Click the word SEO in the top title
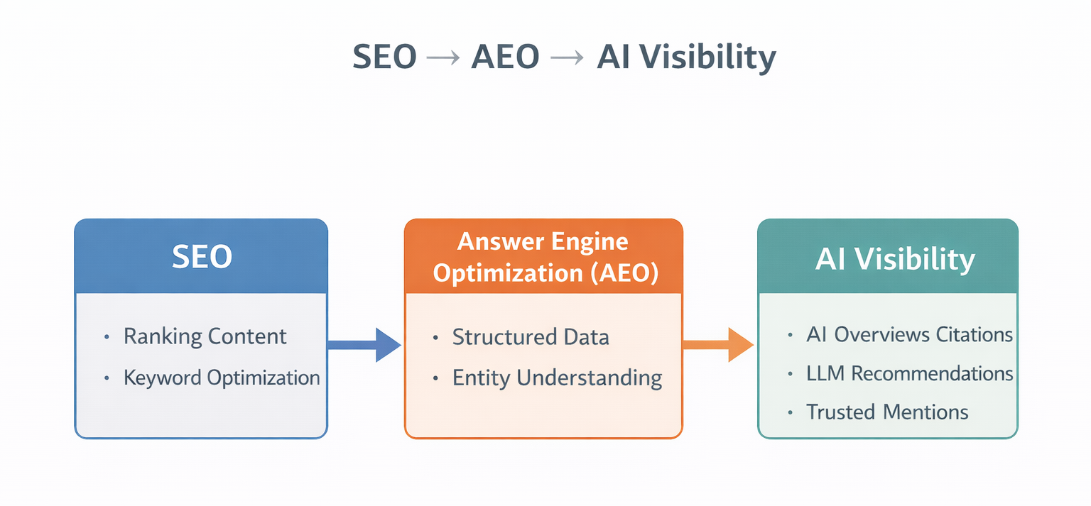[384, 57]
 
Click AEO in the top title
[505, 57]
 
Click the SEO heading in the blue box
[202, 257]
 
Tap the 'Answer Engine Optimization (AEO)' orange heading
[543, 258]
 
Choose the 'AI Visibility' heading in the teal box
[894, 260]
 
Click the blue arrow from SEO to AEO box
[364, 345]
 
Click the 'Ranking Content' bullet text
[205, 336]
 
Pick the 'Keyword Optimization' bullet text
[222, 378]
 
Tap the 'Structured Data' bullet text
[531, 337]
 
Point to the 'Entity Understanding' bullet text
[557, 378]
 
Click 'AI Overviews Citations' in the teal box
[909, 334]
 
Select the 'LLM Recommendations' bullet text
[909, 373]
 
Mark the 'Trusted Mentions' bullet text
[887, 412]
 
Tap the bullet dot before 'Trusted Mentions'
[791, 412]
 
